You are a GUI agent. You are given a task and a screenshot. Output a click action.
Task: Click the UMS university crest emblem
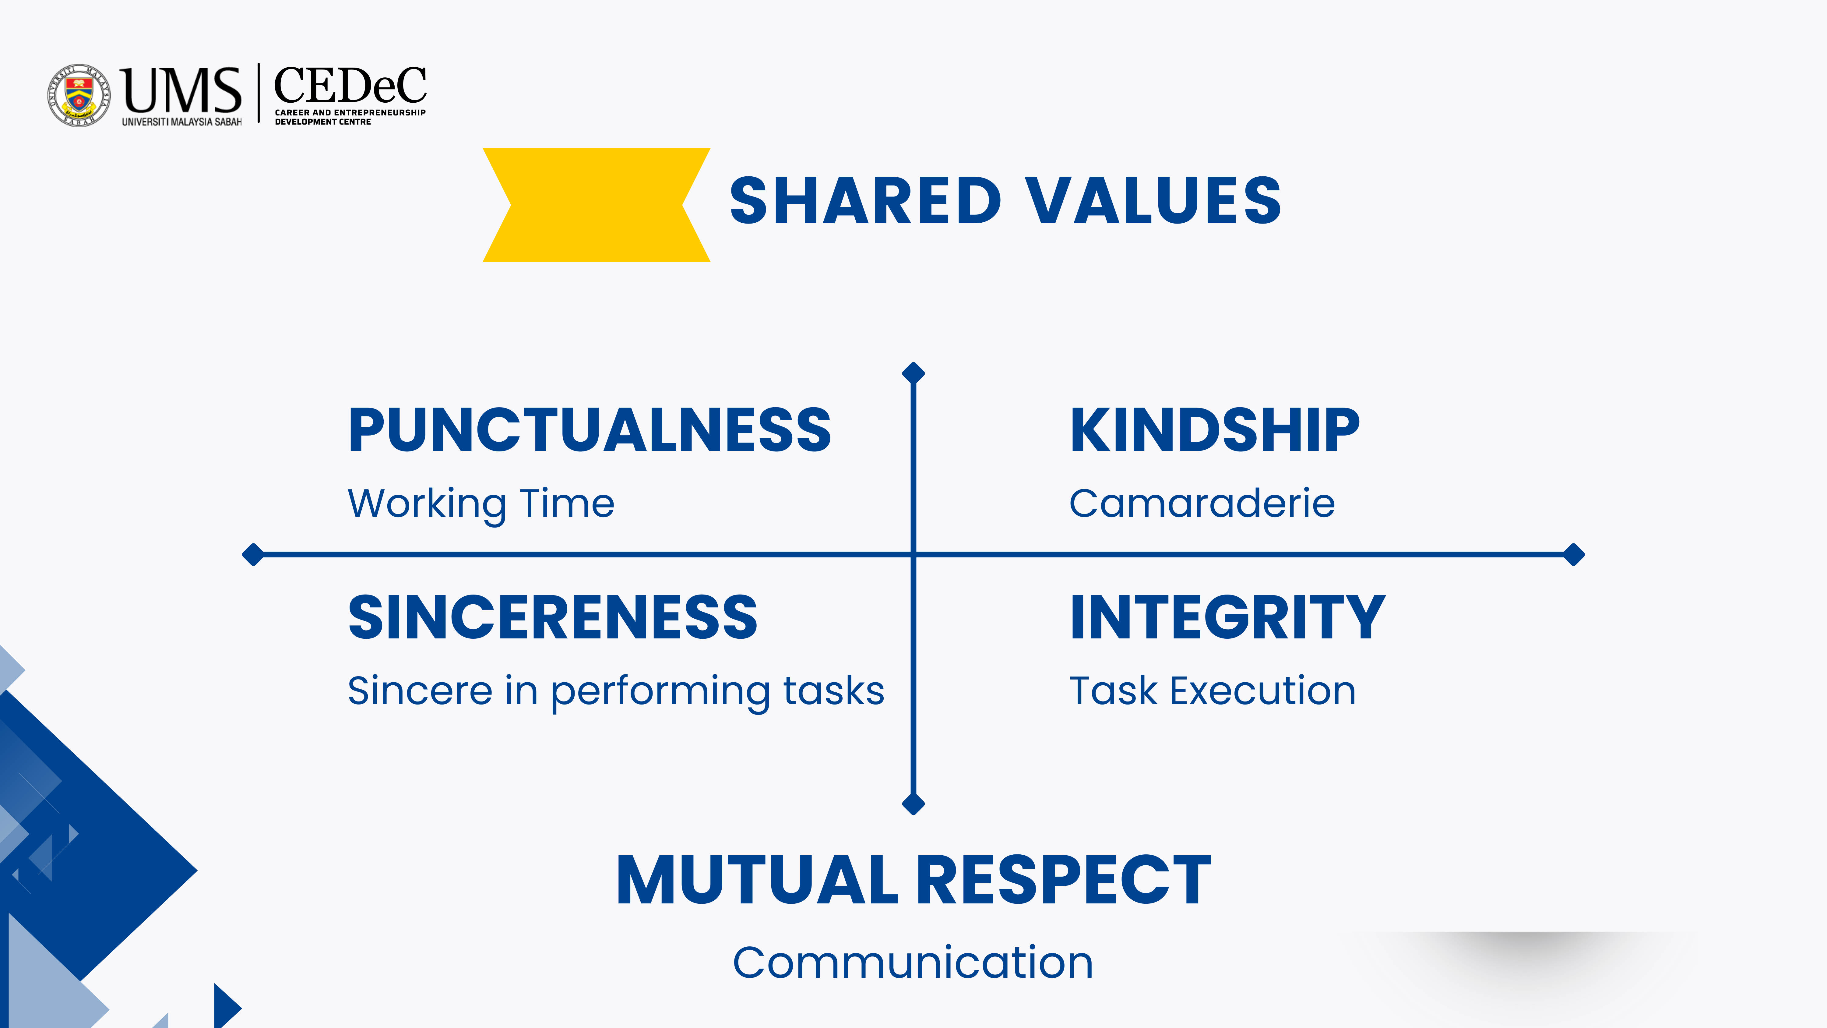point(79,95)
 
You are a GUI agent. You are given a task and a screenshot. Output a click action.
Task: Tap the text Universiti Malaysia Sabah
point(181,122)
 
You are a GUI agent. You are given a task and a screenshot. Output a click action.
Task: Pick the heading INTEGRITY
point(1228,617)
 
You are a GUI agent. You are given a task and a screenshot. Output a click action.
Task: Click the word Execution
point(1262,691)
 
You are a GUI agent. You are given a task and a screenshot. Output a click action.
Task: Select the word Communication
point(913,963)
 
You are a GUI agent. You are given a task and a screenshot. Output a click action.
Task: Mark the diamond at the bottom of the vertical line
point(913,804)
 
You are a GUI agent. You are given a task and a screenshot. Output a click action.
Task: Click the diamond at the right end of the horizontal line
point(1574,554)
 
